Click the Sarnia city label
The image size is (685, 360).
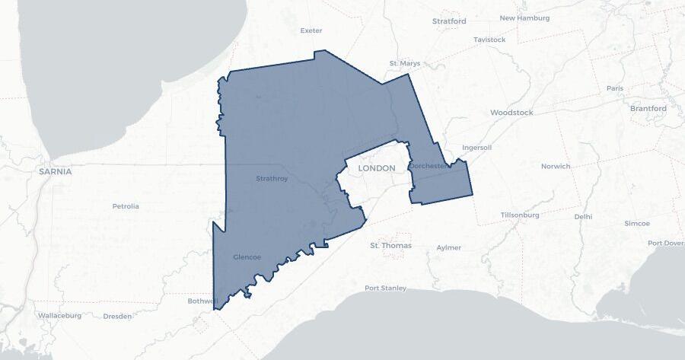tap(56, 172)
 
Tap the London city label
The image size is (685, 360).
tap(377, 168)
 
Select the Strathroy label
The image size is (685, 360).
tap(272, 179)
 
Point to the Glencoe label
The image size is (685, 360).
tap(247, 257)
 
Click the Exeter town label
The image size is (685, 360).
tap(311, 30)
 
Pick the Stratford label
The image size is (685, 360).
tap(449, 21)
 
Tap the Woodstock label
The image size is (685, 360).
tap(511, 113)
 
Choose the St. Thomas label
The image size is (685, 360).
tap(390, 246)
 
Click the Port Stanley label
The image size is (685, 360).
tap(385, 288)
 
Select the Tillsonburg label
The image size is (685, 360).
tap(520, 215)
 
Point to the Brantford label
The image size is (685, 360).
tap(648, 109)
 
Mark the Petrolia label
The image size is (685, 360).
tap(126, 206)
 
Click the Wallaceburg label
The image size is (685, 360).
tap(59, 315)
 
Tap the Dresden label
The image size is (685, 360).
tap(117, 316)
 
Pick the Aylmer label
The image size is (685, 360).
tap(449, 248)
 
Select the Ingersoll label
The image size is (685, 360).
tap(477, 148)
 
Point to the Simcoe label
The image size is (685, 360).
tap(637, 224)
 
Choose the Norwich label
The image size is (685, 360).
tap(555, 166)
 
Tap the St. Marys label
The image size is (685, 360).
tap(404, 63)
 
